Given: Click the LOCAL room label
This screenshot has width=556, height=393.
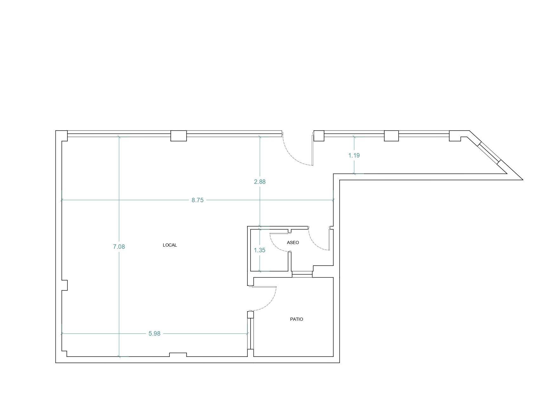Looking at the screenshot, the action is point(170,245).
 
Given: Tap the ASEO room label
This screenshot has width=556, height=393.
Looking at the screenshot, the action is point(293,242).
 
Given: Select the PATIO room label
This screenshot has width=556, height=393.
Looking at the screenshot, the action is point(297,319).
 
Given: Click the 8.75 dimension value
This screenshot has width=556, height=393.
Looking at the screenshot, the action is point(197,200).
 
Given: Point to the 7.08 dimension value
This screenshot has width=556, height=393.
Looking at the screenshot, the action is point(119,247).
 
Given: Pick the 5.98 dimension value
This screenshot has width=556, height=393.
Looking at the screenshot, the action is point(155,333).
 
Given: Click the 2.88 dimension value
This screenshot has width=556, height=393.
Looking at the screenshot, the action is point(260,182).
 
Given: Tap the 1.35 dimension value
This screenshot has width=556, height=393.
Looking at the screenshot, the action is point(260,250).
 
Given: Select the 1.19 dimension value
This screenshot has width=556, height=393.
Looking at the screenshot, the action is point(354,155).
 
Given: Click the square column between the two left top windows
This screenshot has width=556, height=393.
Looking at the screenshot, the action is point(179,136).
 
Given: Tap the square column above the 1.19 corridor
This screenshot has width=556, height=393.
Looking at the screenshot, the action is point(391,136).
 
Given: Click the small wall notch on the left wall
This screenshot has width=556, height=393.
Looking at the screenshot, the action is point(64,285).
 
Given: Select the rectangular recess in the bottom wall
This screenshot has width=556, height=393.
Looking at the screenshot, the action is point(178,355).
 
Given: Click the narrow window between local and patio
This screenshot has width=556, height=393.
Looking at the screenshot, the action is point(250,334).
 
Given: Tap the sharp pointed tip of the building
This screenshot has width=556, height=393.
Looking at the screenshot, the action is point(522,179).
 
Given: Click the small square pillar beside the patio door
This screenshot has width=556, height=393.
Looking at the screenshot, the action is point(251,315).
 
